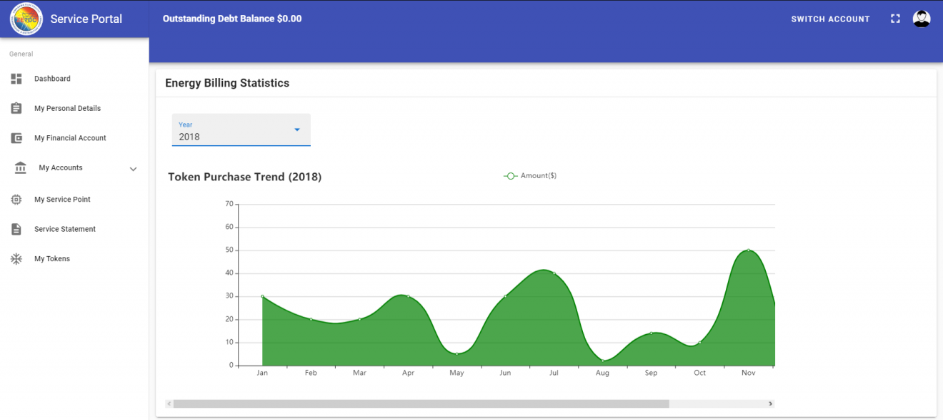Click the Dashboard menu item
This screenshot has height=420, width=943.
pyautogui.click(x=52, y=79)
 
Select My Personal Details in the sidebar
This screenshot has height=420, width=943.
pyautogui.click(x=67, y=109)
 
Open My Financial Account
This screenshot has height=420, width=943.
pyautogui.click(x=70, y=138)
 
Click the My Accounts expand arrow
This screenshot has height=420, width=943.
pyautogui.click(x=133, y=169)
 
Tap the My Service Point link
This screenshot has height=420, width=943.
pyautogui.click(x=62, y=200)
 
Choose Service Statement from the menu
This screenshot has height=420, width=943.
pyautogui.click(x=64, y=229)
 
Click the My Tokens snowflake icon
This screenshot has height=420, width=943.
pyautogui.click(x=16, y=259)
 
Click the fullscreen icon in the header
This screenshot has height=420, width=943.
pyautogui.click(x=895, y=19)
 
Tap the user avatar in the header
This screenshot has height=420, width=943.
pyautogui.click(x=922, y=19)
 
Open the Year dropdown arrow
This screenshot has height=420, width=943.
pyautogui.click(x=297, y=130)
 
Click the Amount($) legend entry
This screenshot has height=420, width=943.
pyautogui.click(x=530, y=176)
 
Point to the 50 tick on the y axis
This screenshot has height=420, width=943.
pyautogui.click(x=229, y=250)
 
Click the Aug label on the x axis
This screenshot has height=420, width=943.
pyautogui.click(x=602, y=373)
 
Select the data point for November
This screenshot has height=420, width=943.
pyautogui.click(x=749, y=250)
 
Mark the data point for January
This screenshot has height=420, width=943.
pyautogui.click(x=263, y=296)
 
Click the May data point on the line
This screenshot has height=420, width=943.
pyautogui.click(x=457, y=353)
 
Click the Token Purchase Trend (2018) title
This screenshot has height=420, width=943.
pyautogui.click(x=244, y=177)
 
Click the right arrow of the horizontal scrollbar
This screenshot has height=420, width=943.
pyautogui.click(x=770, y=404)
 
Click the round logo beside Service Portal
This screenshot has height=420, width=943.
pyautogui.click(x=26, y=19)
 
